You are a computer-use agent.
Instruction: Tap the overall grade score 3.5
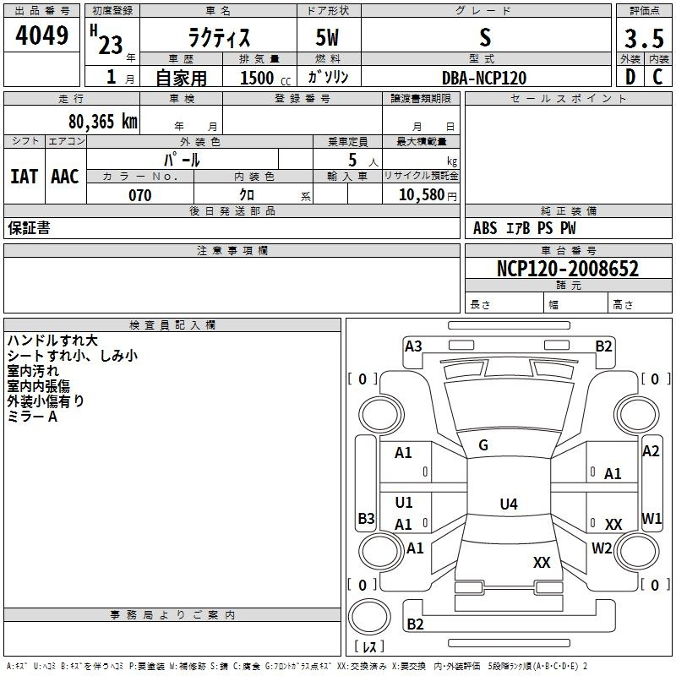pyautogui.click(x=643, y=39)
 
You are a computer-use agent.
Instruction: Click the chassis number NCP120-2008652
pyautogui.click(x=567, y=269)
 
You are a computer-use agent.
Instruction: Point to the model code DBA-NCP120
pyautogui.click(x=484, y=78)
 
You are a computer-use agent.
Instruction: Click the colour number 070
pyautogui.click(x=139, y=195)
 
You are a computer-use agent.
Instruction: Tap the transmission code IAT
pyautogui.click(x=24, y=176)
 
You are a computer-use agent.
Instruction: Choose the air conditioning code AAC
pyautogui.click(x=65, y=176)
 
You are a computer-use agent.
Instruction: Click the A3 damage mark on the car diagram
pyautogui.click(x=413, y=346)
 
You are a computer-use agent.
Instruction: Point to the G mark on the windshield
pyautogui.click(x=483, y=445)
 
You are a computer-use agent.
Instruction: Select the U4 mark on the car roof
pyautogui.click(x=508, y=504)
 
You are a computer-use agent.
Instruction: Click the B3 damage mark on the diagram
pyautogui.click(x=366, y=518)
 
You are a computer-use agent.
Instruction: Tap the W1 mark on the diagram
pyautogui.click(x=651, y=517)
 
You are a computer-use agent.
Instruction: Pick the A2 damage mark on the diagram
pyautogui.click(x=651, y=451)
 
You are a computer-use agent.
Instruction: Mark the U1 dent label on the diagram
pyautogui.click(x=404, y=503)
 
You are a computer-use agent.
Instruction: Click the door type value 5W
pyautogui.click(x=327, y=39)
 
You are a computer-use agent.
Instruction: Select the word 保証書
pyautogui.click(x=29, y=227)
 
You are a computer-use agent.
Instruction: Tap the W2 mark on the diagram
pyautogui.click(x=602, y=548)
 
